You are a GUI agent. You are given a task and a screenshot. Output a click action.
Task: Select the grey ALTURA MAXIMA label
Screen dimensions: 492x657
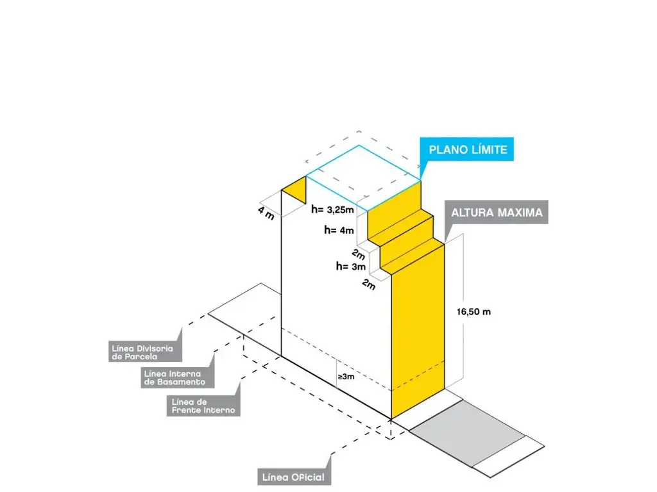(x=497, y=213)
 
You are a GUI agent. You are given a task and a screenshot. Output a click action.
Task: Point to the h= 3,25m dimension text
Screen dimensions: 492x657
(x=333, y=209)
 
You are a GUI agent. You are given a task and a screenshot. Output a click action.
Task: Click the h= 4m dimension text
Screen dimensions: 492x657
(x=339, y=229)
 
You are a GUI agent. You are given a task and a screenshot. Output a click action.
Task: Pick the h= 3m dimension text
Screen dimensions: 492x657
(x=351, y=266)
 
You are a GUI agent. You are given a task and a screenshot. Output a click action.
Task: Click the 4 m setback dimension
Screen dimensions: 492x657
(x=266, y=212)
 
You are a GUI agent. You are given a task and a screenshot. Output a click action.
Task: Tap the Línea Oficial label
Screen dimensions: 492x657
(x=294, y=477)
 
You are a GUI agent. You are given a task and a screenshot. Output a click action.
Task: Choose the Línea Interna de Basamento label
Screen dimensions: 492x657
(x=175, y=377)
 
